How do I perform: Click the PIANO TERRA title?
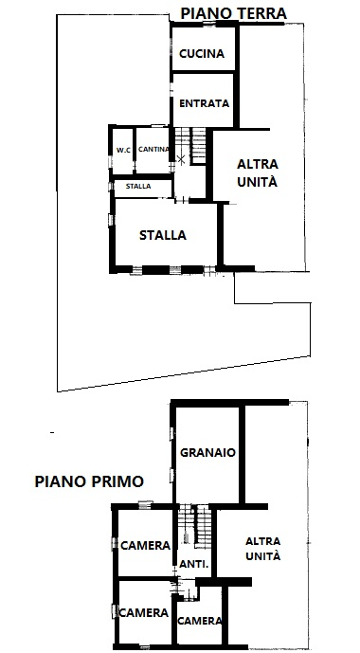232,12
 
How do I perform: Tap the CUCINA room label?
202,54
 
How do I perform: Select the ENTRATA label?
202,103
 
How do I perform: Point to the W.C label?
123,150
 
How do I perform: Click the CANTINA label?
153,150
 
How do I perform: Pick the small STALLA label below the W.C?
138,186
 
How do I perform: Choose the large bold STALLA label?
163,235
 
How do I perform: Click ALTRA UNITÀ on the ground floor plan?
257,172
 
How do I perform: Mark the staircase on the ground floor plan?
195,145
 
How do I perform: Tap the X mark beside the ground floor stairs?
182,158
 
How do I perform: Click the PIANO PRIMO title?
89,481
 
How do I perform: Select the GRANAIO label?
207,453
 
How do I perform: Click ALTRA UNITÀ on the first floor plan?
262,550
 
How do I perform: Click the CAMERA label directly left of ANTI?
145,545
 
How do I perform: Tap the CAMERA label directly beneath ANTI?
201,621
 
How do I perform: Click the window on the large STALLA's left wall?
113,219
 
